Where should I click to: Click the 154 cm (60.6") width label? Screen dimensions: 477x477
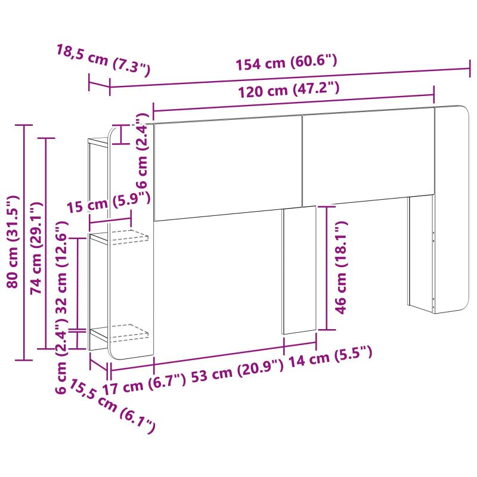tap(287, 63)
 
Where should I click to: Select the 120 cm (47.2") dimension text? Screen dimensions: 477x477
tap(289, 90)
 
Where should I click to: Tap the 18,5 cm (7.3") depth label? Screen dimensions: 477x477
tap(103, 60)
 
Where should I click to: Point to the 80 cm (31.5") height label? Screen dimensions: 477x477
tap(13, 242)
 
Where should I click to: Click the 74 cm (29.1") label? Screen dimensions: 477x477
tap(36, 248)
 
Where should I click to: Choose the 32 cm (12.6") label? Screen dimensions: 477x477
tap(62, 267)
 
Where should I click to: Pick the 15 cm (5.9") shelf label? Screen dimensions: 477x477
tap(109, 203)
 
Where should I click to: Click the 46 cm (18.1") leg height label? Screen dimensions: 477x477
tap(341, 267)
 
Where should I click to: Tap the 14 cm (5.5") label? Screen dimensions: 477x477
tap(330, 357)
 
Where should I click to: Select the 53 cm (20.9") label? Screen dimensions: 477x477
tap(237, 371)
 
